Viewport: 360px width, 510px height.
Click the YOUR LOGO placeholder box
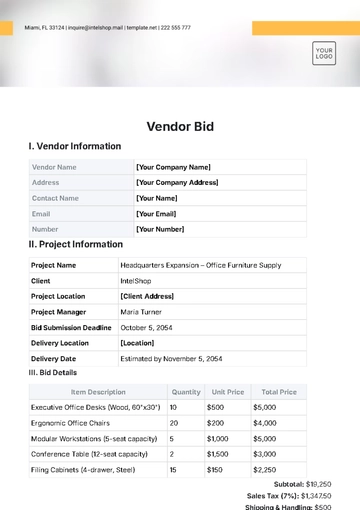(x=323, y=53)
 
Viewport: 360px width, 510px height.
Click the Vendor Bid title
(x=180, y=127)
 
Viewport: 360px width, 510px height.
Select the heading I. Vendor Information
(x=75, y=147)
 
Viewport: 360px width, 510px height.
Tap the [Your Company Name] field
(x=173, y=167)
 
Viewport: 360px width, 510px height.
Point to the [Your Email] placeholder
(x=156, y=213)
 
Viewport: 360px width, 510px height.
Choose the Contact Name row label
(x=55, y=198)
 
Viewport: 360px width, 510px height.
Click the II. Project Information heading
(x=76, y=244)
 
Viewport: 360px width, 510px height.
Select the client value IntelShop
(x=136, y=281)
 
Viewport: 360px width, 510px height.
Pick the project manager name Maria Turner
(x=142, y=311)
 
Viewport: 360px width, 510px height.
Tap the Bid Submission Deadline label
(x=71, y=326)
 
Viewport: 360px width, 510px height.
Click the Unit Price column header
(x=228, y=392)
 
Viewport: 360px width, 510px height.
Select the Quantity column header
(x=186, y=392)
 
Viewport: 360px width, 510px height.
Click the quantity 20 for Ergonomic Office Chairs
(x=174, y=423)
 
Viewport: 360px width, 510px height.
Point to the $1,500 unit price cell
(x=218, y=454)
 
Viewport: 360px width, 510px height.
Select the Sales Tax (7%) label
(x=272, y=496)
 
